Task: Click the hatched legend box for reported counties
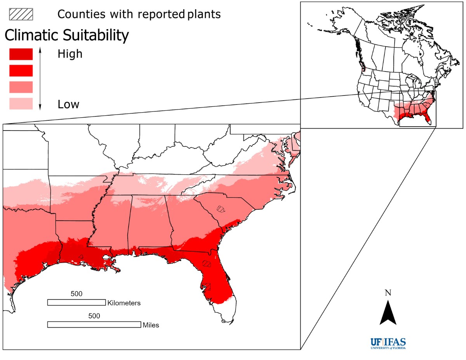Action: [21, 14]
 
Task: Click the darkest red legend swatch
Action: [21, 54]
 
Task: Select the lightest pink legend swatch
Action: [21, 104]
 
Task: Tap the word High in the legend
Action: [70, 54]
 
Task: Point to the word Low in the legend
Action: [68, 104]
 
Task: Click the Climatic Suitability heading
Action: [66, 36]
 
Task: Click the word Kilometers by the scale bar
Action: [124, 303]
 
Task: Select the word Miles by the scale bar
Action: [151, 325]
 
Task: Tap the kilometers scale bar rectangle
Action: [76, 302]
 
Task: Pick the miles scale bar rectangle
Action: [94, 324]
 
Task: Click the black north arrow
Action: [388, 313]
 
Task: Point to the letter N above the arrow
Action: [388, 293]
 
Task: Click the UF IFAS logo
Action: [388, 344]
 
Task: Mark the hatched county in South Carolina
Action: [221, 209]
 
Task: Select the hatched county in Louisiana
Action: [81, 256]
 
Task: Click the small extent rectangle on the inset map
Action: [417, 109]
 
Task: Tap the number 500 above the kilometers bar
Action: [77, 294]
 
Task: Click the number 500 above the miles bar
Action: [94, 316]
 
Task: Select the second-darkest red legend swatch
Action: [21, 70]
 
